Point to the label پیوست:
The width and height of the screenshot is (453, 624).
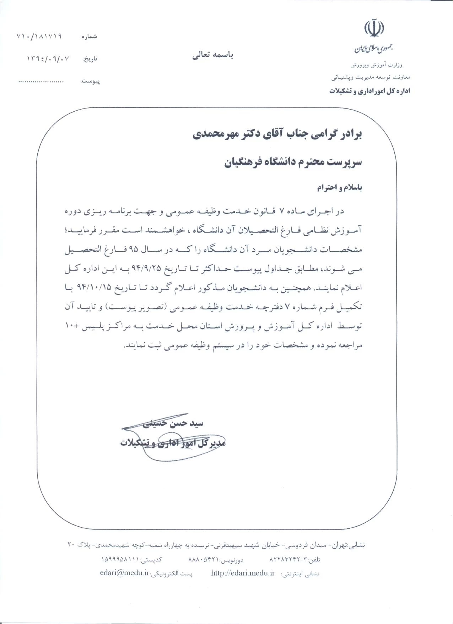[x=91, y=81]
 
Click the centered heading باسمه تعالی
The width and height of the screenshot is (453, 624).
[x=212, y=55]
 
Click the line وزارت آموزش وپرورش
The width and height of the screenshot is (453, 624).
[x=376, y=65]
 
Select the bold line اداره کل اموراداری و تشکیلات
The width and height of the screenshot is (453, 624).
[x=370, y=91]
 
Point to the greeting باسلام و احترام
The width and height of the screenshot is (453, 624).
[x=339, y=188]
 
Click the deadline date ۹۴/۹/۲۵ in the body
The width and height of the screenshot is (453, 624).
[x=171, y=269]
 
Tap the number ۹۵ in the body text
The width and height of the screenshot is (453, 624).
[x=134, y=250]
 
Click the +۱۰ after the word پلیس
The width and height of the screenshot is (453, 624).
[x=72, y=326]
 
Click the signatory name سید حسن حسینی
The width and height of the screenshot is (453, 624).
[x=173, y=423]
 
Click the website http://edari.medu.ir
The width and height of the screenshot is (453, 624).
[x=243, y=573]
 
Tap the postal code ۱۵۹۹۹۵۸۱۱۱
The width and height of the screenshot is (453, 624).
[x=121, y=559]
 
